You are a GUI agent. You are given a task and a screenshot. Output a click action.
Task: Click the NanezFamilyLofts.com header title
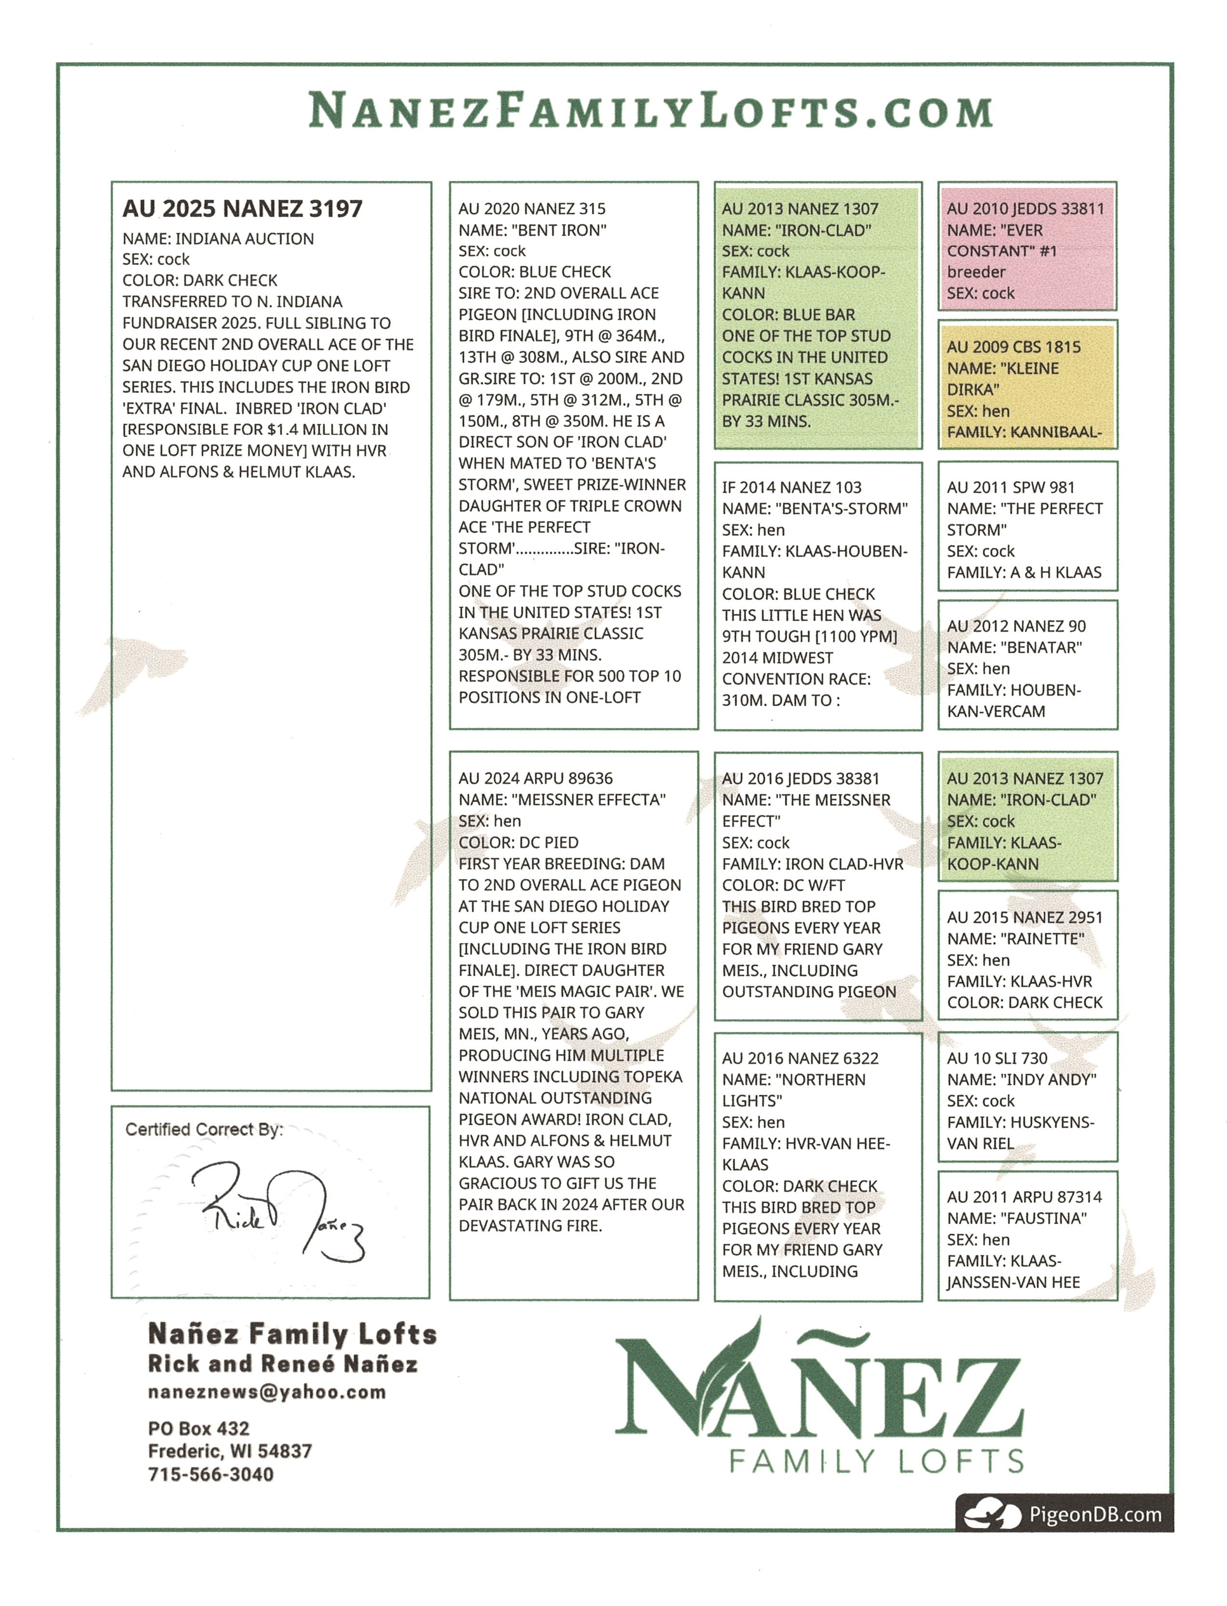(x=650, y=111)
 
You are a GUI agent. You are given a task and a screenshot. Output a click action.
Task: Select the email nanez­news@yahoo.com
(x=267, y=1392)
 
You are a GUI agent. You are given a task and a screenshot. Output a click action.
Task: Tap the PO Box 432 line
(x=199, y=1428)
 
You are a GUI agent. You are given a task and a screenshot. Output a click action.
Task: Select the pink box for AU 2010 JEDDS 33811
(x=1026, y=248)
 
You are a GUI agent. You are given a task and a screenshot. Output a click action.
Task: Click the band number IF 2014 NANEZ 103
(x=791, y=487)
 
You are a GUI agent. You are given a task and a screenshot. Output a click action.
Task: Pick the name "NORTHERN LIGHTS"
(x=793, y=1090)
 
